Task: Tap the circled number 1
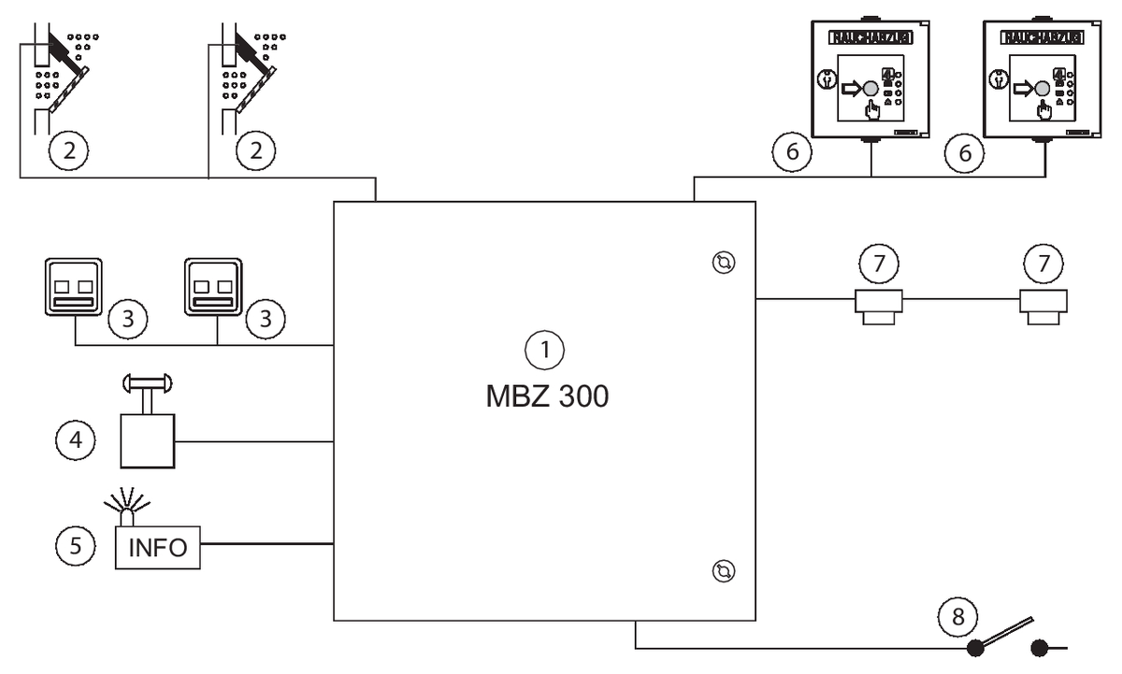click(545, 351)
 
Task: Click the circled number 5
click(76, 547)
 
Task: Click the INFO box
click(157, 547)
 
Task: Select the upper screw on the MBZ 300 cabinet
click(723, 263)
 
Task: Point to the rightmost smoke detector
click(1043, 305)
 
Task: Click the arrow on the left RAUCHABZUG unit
click(854, 89)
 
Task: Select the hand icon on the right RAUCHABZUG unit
click(1046, 112)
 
